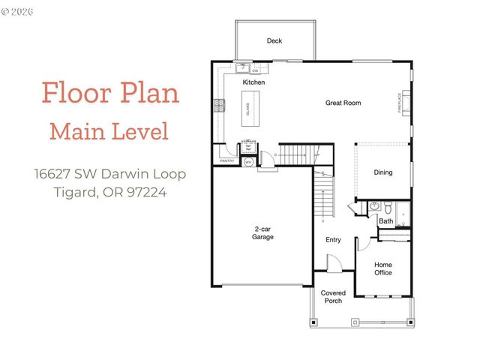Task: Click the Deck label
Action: [274, 41]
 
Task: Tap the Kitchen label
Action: [253, 82]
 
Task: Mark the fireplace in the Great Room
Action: [406, 103]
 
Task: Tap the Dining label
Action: [383, 172]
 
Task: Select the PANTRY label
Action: [226, 160]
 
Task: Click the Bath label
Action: [385, 221]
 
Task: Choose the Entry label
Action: [333, 240]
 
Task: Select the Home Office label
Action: [383, 268]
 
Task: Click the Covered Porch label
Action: [332, 297]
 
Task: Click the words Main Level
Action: [109, 132]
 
